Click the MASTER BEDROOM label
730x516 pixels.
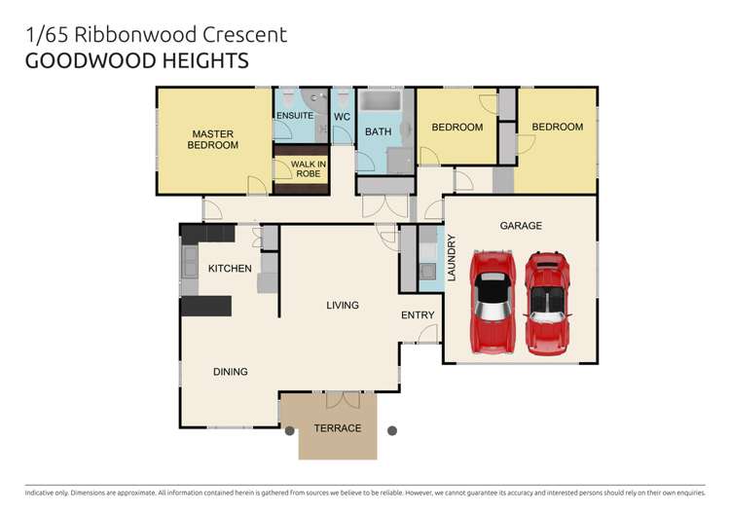click(213, 139)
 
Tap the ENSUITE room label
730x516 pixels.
click(295, 116)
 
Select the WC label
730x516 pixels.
click(342, 117)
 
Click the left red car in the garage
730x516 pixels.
click(493, 300)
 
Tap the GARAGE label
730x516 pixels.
click(521, 225)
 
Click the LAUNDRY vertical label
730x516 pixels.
click(452, 257)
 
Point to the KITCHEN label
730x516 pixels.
click(230, 269)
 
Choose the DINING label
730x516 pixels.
click(231, 371)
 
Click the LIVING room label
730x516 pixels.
click(342, 305)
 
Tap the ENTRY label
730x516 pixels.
click(418, 314)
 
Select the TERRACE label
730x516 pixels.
click(337, 428)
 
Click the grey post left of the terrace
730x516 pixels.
click(289, 429)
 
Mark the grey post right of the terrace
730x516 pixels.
click(391, 429)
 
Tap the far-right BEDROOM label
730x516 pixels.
click(557, 127)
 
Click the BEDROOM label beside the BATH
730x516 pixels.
click(457, 128)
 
